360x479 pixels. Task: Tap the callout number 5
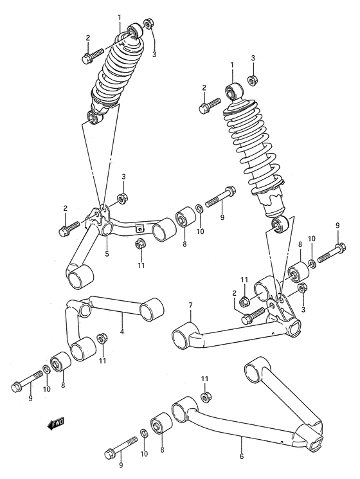point(107,253)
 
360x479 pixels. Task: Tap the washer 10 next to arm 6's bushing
point(143,435)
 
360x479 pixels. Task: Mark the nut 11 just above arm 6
point(204,396)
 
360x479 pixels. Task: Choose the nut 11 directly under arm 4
point(101,339)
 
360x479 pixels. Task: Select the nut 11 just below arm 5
point(139,244)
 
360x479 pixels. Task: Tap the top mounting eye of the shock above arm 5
point(134,30)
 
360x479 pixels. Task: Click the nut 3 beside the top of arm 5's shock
point(148,26)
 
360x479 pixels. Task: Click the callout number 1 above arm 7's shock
point(231,66)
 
